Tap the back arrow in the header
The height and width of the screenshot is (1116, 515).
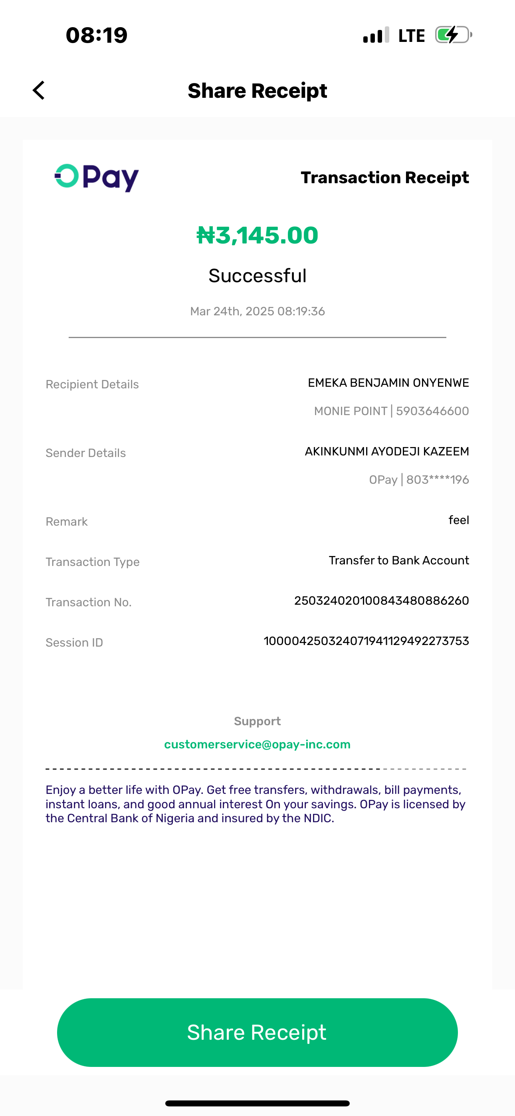coord(39,91)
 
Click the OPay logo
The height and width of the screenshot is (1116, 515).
coord(96,178)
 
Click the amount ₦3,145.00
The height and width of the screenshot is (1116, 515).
coord(257,235)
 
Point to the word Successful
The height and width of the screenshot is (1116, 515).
coord(257,276)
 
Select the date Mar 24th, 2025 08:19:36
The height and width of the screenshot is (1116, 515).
coord(257,311)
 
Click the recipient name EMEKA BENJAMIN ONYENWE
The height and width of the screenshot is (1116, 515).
coord(388,383)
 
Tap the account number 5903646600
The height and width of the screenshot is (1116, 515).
coord(432,411)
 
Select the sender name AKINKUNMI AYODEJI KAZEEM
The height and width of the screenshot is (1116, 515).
coord(387,451)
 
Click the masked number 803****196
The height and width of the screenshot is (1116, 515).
coord(438,480)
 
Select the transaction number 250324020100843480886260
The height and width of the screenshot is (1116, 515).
coord(382,601)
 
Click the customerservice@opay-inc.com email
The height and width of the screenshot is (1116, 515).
coord(257,744)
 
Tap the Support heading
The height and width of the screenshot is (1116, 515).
coord(257,721)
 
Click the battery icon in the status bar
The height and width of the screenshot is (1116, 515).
coord(453,35)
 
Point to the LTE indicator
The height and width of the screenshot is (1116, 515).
coord(411,36)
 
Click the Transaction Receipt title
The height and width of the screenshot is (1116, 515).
coord(384,178)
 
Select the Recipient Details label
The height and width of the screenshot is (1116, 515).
coord(92,385)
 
